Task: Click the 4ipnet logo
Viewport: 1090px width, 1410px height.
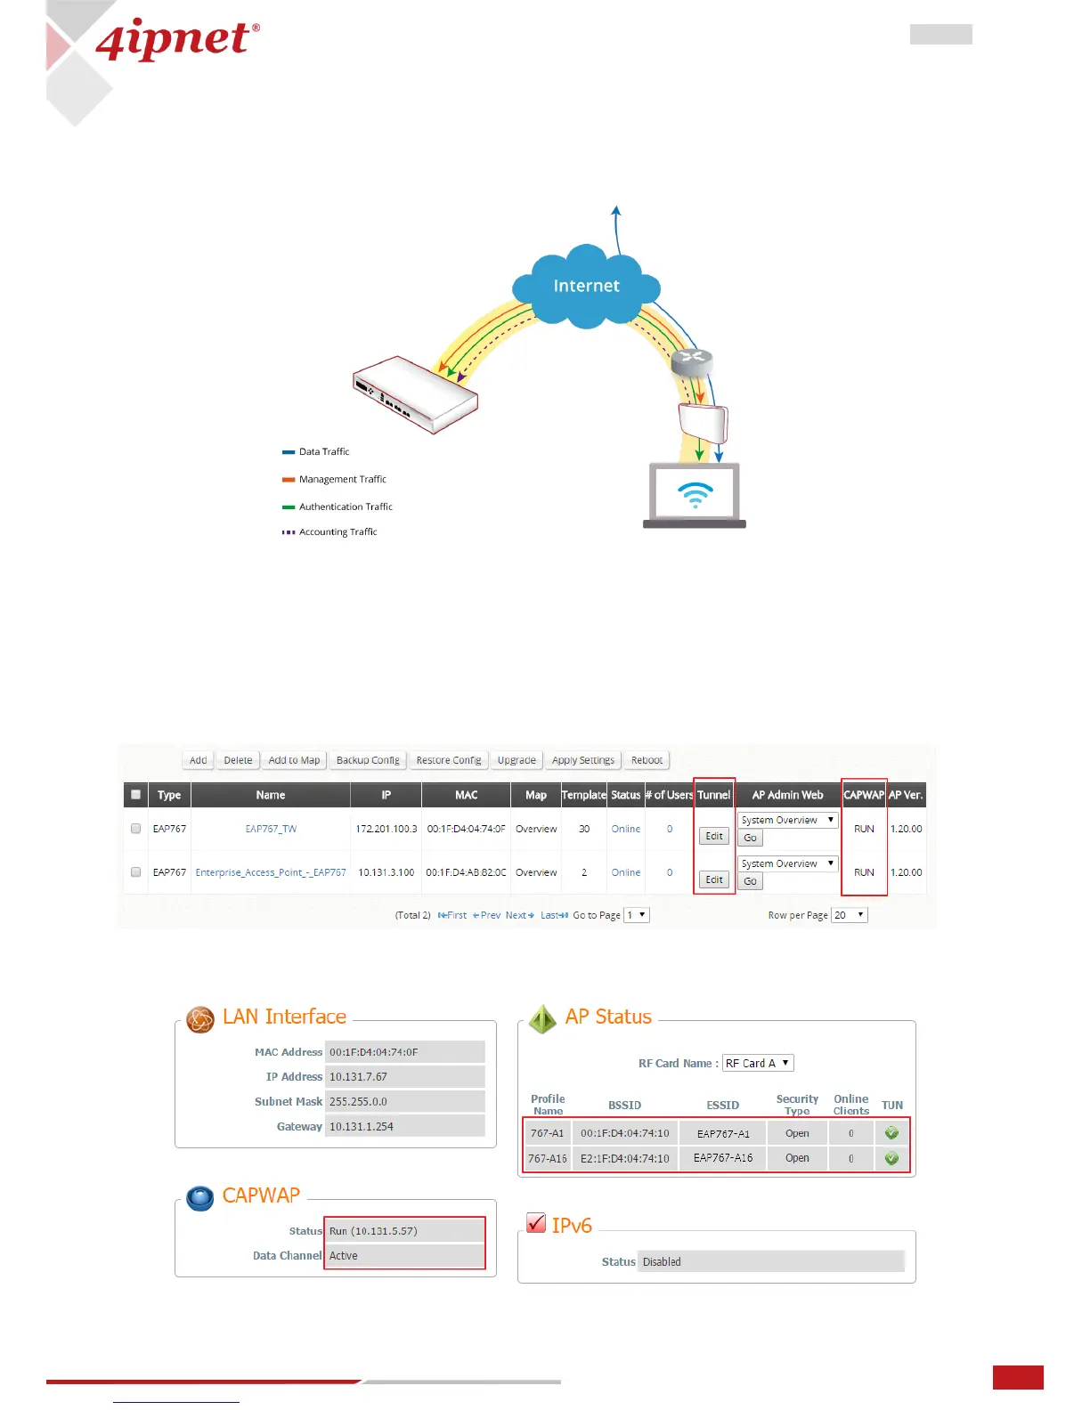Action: coord(176,40)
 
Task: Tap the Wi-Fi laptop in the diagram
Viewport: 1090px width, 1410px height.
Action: coord(695,495)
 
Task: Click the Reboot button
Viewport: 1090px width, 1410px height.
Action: coord(647,760)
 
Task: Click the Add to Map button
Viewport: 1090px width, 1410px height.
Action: coord(294,760)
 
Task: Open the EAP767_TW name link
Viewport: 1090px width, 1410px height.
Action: coord(271,829)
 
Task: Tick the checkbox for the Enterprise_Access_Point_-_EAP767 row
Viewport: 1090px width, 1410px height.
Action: coord(136,872)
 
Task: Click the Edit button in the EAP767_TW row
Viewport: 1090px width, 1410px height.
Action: coord(714,836)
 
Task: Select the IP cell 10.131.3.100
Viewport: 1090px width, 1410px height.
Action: coord(386,872)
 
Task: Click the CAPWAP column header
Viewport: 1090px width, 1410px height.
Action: coord(864,795)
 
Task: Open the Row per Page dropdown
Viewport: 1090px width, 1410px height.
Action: coord(849,915)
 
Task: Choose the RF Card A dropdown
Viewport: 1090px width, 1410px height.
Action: coord(757,1063)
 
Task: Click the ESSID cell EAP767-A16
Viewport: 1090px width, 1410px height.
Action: coord(723,1158)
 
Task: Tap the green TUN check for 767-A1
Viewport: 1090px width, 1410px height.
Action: coord(891,1133)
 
